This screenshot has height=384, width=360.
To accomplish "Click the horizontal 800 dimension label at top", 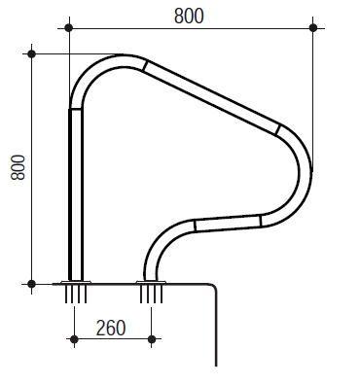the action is tap(189, 16).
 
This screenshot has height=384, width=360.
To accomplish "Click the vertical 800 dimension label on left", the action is tap(18, 167).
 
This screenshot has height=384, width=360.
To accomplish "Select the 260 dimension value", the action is tap(111, 328).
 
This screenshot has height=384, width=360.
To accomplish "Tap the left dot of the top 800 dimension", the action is tap(68, 28).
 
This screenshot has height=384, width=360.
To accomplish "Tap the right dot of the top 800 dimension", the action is tap(313, 28).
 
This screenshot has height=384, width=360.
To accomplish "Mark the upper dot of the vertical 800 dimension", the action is tap(31, 53).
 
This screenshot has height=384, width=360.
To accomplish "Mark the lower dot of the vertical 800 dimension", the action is tap(31, 284).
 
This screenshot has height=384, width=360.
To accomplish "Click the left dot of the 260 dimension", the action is tap(74, 339).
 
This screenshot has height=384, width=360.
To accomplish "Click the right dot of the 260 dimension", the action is tap(152, 339).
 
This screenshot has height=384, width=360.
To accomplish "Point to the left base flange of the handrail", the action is tap(76, 282).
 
